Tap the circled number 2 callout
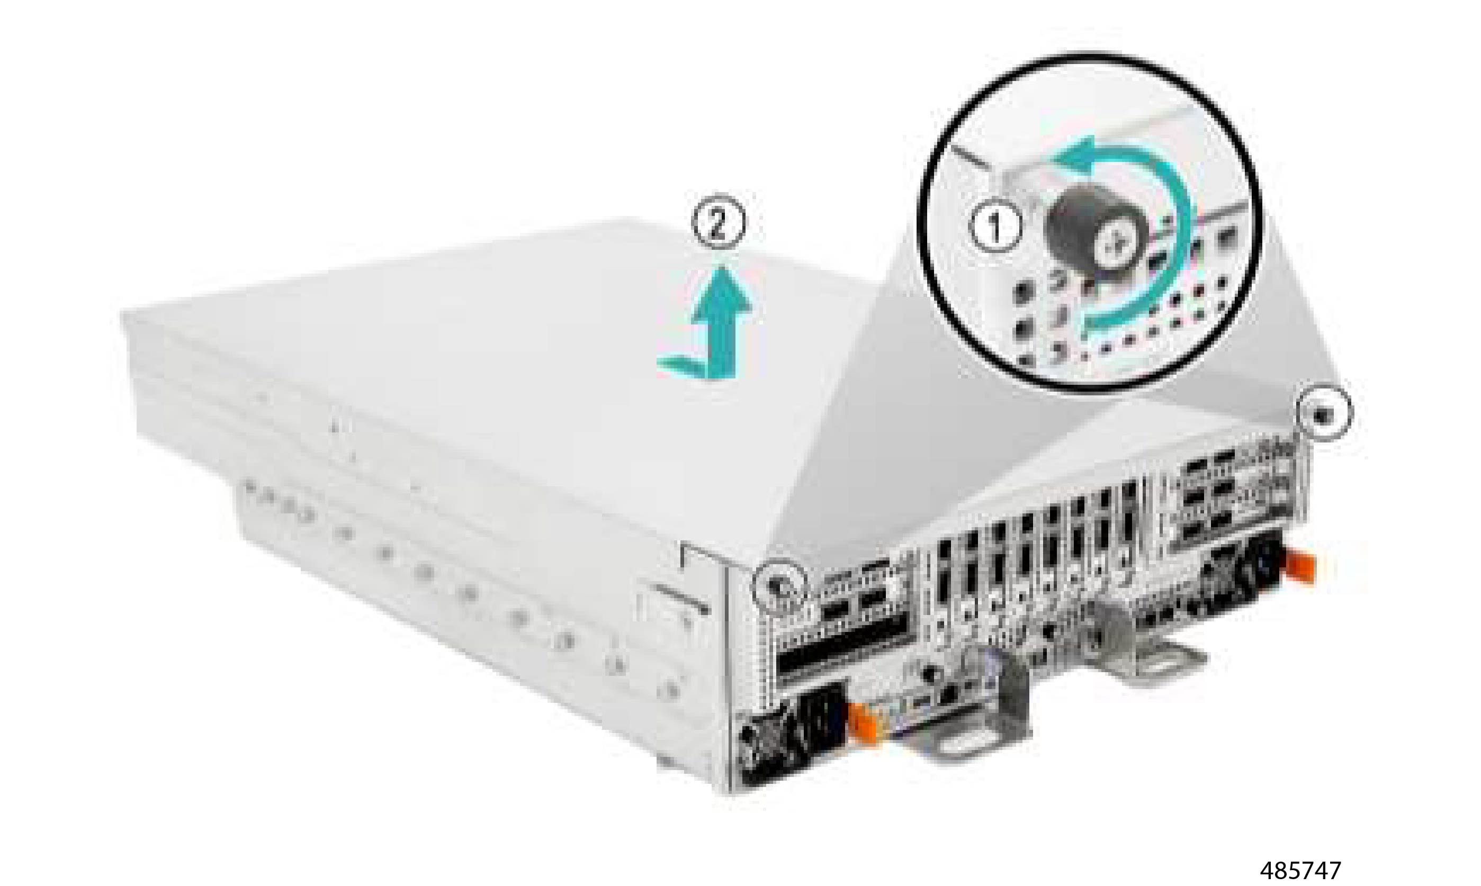[x=719, y=222]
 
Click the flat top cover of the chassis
[x=478, y=358]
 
